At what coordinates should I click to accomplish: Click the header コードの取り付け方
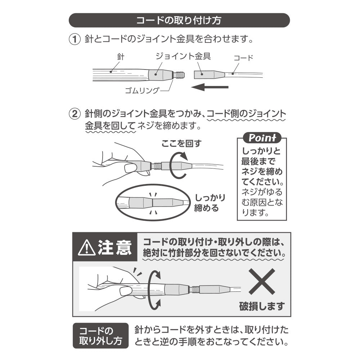click(x=179, y=20)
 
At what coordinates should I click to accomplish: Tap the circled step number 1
click(x=75, y=39)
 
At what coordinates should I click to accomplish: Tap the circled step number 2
click(x=75, y=114)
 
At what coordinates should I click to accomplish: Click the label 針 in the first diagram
click(x=121, y=57)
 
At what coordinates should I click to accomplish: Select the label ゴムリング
click(x=142, y=90)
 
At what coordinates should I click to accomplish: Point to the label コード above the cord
click(x=243, y=58)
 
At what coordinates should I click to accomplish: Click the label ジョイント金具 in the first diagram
click(x=183, y=56)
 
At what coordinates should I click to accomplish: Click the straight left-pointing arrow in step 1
click(x=210, y=87)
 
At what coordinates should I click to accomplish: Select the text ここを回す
click(x=181, y=144)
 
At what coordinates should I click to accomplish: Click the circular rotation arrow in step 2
click(x=179, y=165)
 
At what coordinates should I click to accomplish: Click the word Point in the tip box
click(x=262, y=138)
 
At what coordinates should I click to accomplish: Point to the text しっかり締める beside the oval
click(x=210, y=203)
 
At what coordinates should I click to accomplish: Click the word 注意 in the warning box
click(x=115, y=247)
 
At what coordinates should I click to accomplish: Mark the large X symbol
click(x=262, y=282)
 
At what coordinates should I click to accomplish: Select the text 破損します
click(x=262, y=306)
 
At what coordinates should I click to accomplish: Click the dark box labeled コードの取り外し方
click(x=100, y=336)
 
